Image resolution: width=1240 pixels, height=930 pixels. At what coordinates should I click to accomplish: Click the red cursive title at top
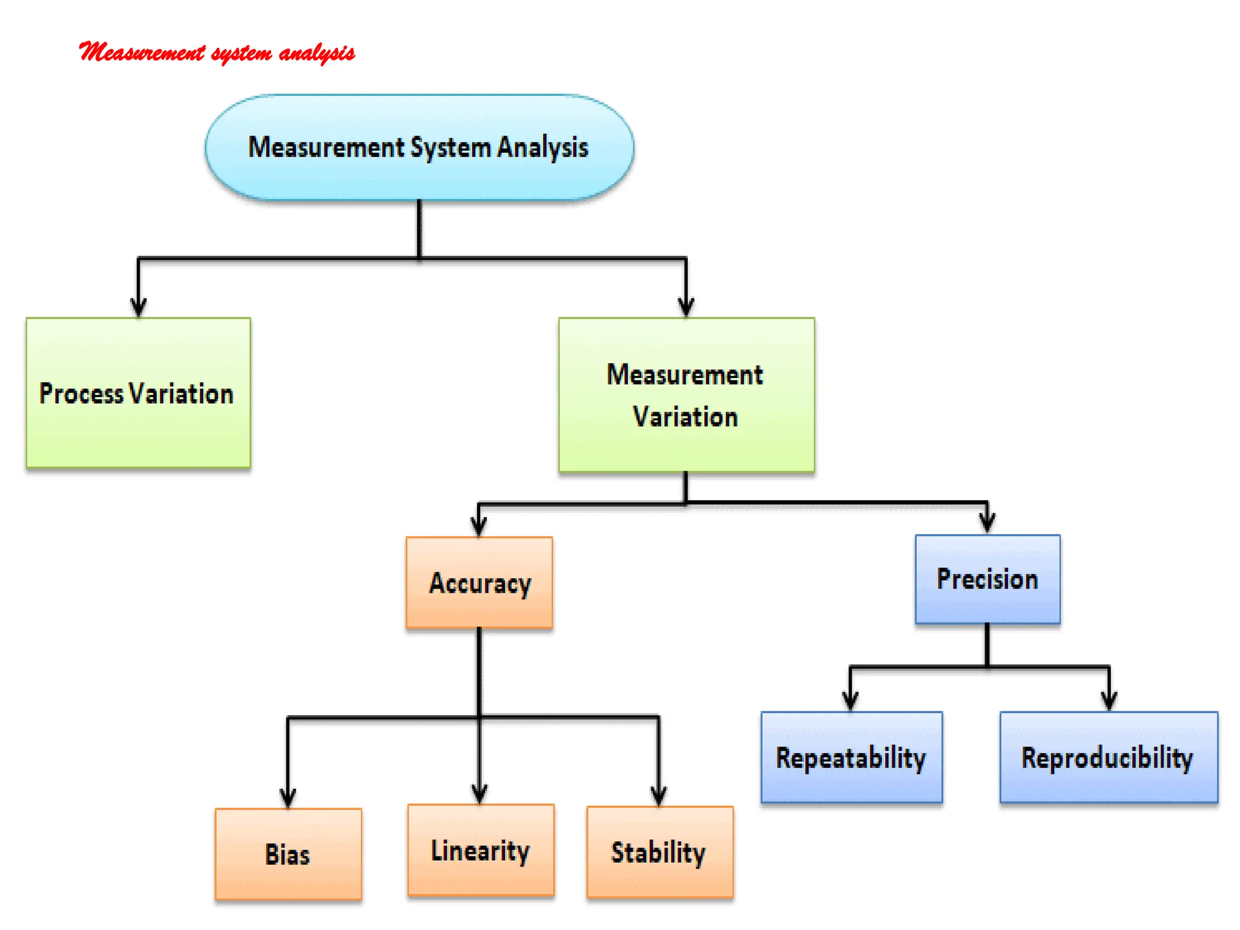pyautogui.click(x=217, y=53)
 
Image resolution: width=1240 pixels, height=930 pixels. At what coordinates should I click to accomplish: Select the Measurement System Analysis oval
pyautogui.click(x=419, y=147)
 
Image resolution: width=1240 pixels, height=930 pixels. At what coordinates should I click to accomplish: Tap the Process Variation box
pyautogui.click(x=138, y=393)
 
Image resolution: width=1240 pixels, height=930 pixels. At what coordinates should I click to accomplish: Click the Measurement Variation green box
pyautogui.click(x=686, y=395)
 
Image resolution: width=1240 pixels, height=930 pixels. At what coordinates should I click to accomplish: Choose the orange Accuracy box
pyautogui.click(x=479, y=582)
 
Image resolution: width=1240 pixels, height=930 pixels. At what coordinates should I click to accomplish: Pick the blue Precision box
pyautogui.click(x=988, y=579)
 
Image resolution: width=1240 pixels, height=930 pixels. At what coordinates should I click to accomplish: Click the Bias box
pyautogui.click(x=288, y=854)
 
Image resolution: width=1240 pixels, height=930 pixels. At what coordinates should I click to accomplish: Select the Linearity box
pyautogui.click(x=481, y=850)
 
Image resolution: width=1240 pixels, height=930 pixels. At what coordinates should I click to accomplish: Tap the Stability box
pyautogui.click(x=659, y=852)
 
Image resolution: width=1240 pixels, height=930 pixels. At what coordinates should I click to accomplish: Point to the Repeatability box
pyautogui.click(x=851, y=757)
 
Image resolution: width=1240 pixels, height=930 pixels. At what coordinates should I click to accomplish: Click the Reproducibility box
pyautogui.click(x=1108, y=757)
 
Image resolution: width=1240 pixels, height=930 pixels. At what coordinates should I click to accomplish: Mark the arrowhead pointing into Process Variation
pyautogui.click(x=139, y=308)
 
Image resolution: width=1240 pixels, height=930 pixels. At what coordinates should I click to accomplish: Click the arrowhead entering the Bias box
pyautogui.click(x=288, y=798)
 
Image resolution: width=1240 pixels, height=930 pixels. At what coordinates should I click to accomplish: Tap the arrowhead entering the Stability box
pyautogui.click(x=659, y=796)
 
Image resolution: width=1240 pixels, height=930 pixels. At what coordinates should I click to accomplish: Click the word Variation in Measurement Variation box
pyautogui.click(x=685, y=417)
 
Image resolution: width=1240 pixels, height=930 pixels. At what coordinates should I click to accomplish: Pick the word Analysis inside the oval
pyautogui.click(x=542, y=148)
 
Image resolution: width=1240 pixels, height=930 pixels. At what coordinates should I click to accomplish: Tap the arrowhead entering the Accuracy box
pyautogui.click(x=479, y=526)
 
